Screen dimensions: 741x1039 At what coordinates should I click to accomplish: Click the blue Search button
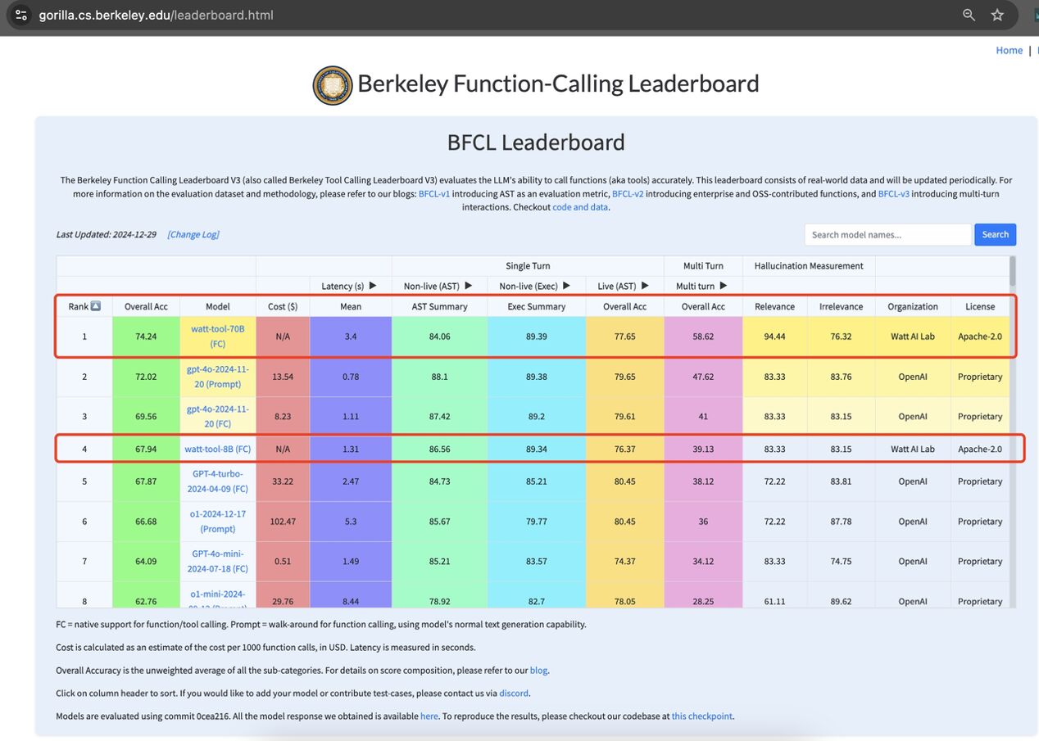pyautogui.click(x=995, y=234)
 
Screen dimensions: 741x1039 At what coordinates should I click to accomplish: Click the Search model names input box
pyautogui.click(x=887, y=234)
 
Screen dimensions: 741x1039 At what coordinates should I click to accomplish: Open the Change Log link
pyautogui.click(x=193, y=234)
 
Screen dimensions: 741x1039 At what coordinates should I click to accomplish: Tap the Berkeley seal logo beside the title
pyautogui.click(x=333, y=85)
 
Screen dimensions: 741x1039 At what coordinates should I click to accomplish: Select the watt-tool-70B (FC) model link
pyautogui.click(x=217, y=336)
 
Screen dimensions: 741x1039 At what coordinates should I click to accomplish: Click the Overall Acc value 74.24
pyautogui.click(x=146, y=336)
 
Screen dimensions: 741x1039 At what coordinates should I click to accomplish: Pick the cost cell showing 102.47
pyautogui.click(x=283, y=522)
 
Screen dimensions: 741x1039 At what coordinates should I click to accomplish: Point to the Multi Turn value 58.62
pyautogui.click(x=704, y=336)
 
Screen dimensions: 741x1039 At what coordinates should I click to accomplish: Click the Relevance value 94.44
pyautogui.click(x=774, y=336)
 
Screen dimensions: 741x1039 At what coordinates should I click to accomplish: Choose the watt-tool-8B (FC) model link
pyautogui.click(x=217, y=449)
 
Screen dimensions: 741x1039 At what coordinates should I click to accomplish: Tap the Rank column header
pyautogui.click(x=84, y=306)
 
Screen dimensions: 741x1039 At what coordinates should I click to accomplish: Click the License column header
pyautogui.click(x=980, y=306)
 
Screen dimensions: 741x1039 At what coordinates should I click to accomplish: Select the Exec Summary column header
pyautogui.click(x=537, y=306)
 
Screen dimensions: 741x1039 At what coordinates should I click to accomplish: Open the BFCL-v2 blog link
pyautogui.click(x=628, y=194)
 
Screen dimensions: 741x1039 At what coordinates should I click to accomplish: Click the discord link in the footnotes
pyautogui.click(x=514, y=694)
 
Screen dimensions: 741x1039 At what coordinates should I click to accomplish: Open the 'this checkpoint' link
pyautogui.click(x=702, y=716)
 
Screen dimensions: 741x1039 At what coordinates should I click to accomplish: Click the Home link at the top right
pyautogui.click(x=1009, y=51)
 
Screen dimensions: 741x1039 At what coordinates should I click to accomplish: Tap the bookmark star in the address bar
pyautogui.click(x=997, y=15)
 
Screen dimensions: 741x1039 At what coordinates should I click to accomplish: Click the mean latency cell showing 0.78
pyautogui.click(x=351, y=377)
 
